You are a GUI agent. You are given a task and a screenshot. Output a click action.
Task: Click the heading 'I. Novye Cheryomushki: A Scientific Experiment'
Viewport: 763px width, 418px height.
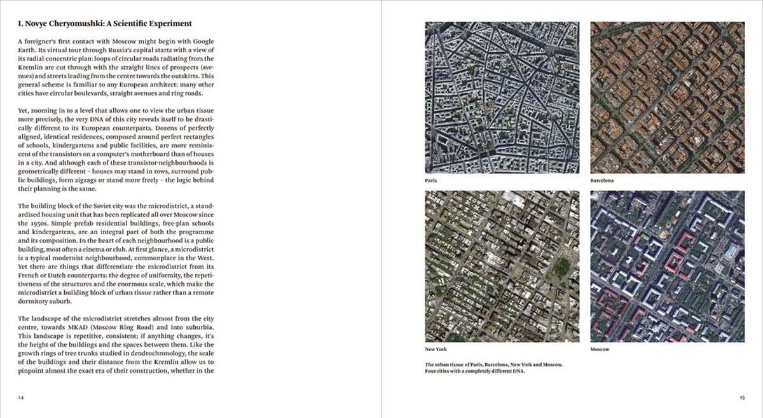(x=105, y=24)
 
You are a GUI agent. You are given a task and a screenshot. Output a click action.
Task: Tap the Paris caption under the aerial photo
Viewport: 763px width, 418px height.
(x=431, y=181)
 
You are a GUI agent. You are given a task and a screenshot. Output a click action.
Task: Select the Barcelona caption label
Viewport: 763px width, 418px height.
(x=601, y=181)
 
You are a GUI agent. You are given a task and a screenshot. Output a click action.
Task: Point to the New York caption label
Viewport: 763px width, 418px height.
(x=436, y=349)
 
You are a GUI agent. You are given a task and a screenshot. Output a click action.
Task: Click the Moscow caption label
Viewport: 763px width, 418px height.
(x=600, y=349)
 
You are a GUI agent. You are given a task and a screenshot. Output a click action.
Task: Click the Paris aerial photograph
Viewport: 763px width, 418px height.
(x=502, y=97)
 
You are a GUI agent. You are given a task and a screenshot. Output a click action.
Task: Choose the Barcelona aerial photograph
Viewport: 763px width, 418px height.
(x=667, y=97)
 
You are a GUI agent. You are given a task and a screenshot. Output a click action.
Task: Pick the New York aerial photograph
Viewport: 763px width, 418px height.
(x=502, y=266)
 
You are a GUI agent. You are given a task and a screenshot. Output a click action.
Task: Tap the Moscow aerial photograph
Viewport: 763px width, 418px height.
(x=667, y=266)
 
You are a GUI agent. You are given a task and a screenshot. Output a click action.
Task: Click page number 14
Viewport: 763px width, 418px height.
(x=21, y=397)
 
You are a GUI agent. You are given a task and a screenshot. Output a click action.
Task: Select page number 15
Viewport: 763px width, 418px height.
(x=741, y=397)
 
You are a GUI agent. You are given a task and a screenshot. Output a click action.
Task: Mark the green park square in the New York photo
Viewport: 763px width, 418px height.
(x=560, y=267)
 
